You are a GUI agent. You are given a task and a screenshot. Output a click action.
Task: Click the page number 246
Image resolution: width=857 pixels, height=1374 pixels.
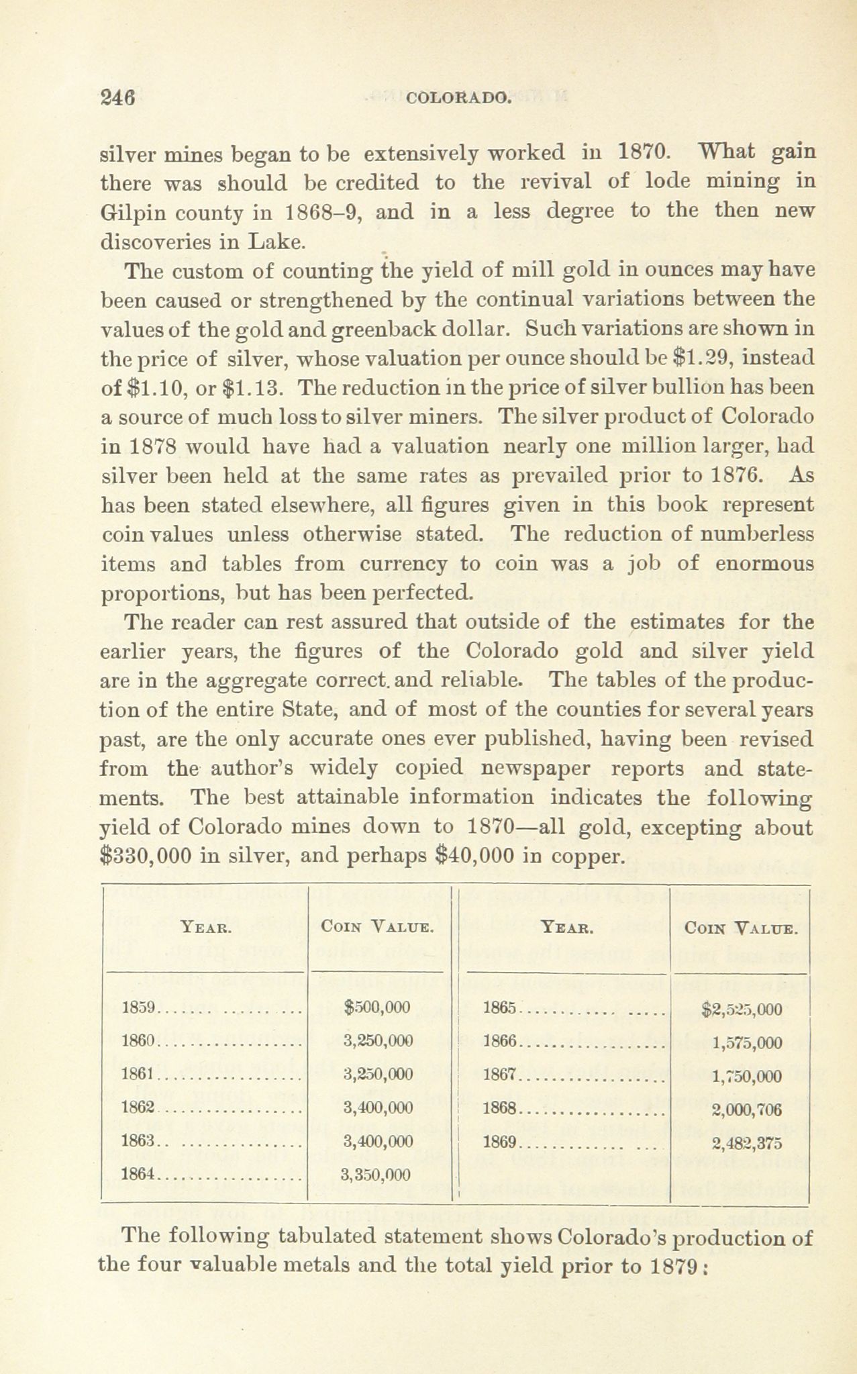click(x=118, y=97)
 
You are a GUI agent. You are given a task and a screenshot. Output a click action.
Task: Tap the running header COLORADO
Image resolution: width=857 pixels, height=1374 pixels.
click(x=460, y=98)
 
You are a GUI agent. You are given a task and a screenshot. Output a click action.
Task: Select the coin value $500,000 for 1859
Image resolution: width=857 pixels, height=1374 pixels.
click(x=376, y=1007)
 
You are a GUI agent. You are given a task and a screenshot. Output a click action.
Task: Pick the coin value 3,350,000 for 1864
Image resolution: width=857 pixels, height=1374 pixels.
click(x=376, y=1175)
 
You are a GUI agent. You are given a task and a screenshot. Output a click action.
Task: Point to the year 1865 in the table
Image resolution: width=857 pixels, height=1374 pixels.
click(x=500, y=1008)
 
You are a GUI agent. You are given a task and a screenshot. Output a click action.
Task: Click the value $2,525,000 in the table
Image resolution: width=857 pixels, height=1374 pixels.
click(x=741, y=1010)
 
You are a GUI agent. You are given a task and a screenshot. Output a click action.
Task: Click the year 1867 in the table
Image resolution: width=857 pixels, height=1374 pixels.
click(x=500, y=1075)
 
